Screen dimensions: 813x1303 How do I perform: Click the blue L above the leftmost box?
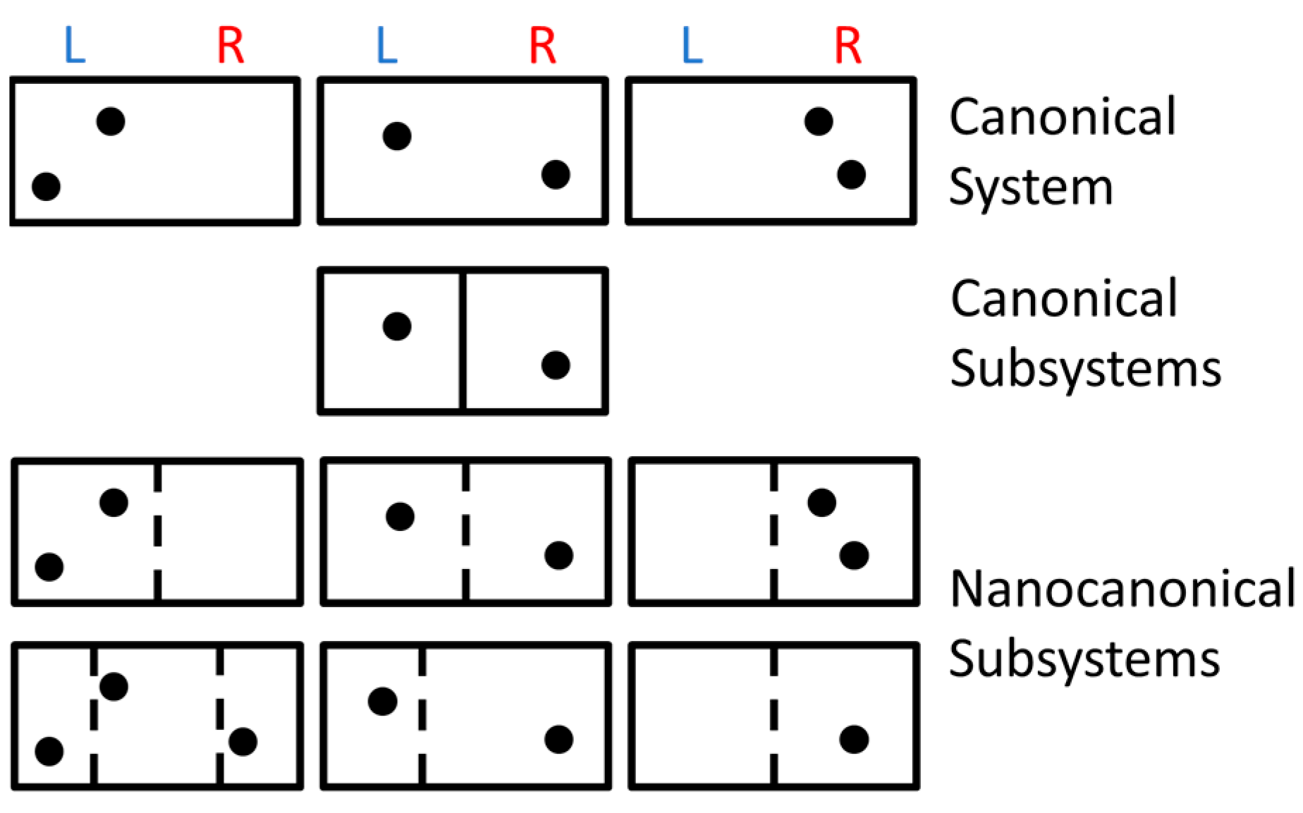[x=74, y=46]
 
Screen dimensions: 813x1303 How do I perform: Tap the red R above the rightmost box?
[x=848, y=46]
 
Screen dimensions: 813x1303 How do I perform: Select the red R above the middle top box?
[x=542, y=46]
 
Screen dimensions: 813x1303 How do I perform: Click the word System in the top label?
[x=1030, y=188]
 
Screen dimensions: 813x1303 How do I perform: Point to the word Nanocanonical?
[x=1122, y=589]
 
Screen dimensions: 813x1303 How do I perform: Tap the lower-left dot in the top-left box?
[x=46, y=186]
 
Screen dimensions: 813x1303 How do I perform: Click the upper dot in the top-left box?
[x=111, y=121]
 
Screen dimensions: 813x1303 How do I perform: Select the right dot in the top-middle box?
[x=556, y=174]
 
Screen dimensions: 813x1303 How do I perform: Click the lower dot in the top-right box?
[x=851, y=174]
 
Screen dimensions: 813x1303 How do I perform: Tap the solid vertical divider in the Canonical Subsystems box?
[x=463, y=341]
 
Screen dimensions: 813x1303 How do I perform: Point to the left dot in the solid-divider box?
[x=397, y=326]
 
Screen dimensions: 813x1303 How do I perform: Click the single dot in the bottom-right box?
[x=854, y=740]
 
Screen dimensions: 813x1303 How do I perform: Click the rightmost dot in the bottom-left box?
[x=243, y=742]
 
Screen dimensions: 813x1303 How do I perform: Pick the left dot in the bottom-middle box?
[x=382, y=702]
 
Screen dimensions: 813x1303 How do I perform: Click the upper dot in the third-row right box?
[x=821, y=503]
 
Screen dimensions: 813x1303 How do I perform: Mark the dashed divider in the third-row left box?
[x=157, y=532]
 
